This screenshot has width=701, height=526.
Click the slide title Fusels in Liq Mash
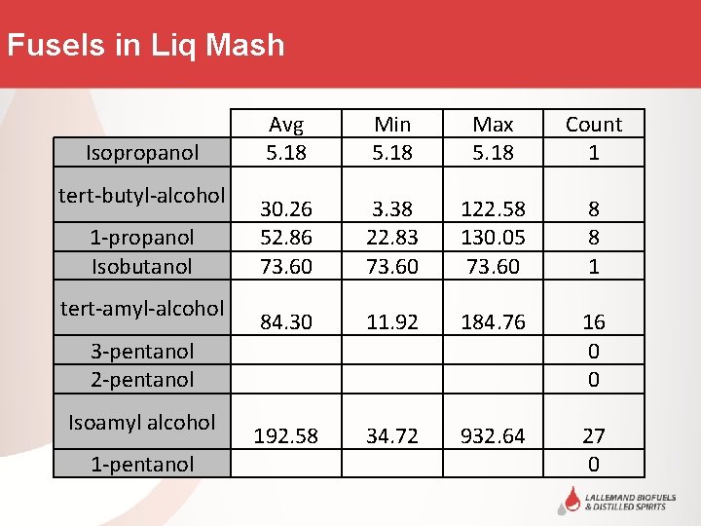145,45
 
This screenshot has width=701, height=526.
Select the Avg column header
286,125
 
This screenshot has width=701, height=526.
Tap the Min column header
392,125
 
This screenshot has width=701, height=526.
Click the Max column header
493,125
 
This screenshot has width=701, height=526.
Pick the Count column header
593,125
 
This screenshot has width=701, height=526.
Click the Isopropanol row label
142,152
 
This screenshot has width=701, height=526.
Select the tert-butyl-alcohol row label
142,195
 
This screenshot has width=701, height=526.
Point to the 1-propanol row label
142,237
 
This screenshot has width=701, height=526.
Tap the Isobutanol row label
142,266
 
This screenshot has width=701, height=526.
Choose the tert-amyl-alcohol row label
142,308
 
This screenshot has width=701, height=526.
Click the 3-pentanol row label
142,351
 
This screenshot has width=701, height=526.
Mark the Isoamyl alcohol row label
142,422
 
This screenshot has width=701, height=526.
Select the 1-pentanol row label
142,465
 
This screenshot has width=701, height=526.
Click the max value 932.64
493,436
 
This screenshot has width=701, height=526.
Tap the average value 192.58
286,436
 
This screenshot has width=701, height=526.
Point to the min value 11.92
392,322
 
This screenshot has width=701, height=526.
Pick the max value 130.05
493,237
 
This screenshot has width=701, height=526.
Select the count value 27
593,436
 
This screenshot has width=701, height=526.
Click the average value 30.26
286,208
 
